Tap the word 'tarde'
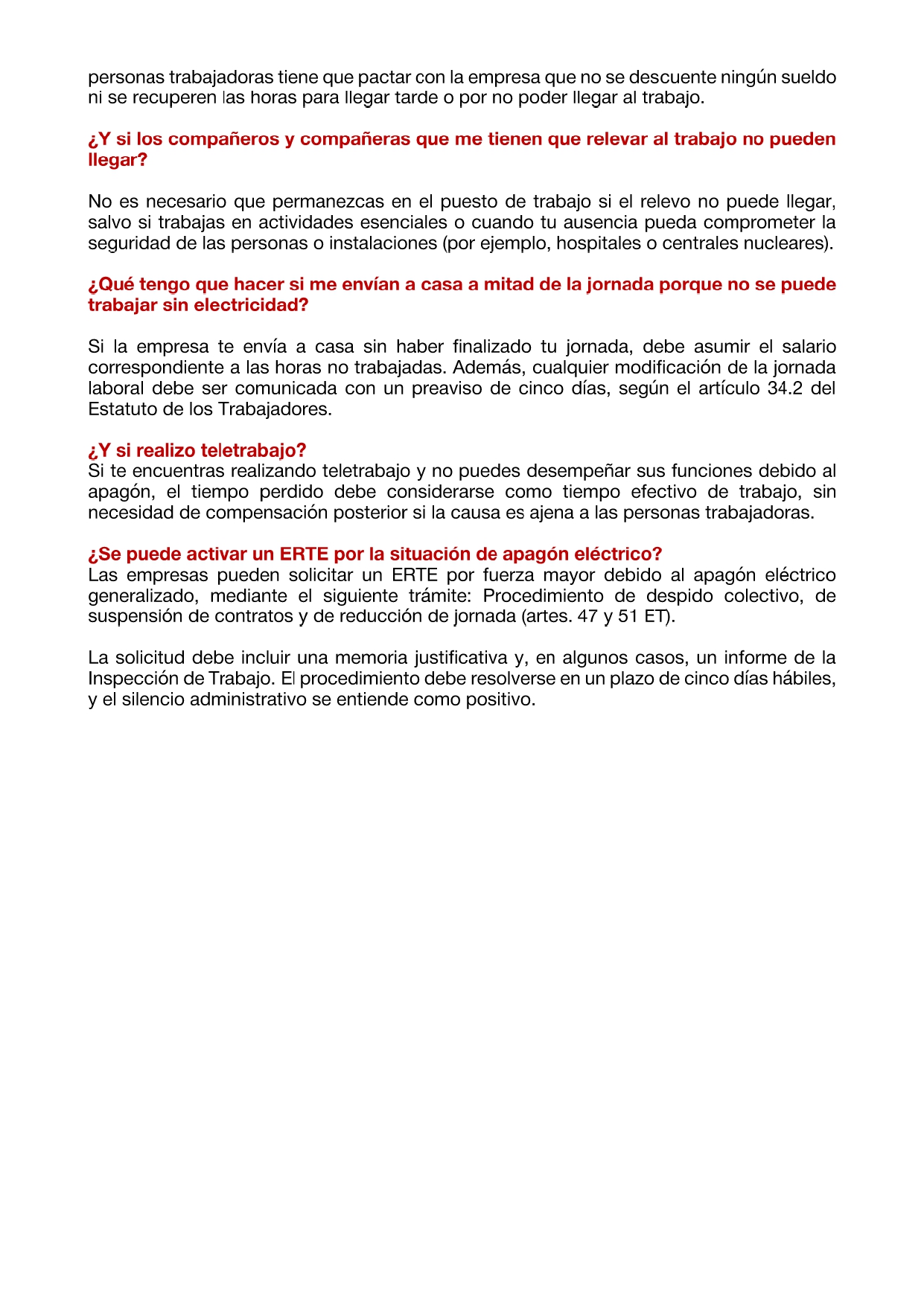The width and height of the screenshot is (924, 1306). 416,97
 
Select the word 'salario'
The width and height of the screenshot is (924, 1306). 809,347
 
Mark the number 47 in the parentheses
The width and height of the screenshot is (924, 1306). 587,616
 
